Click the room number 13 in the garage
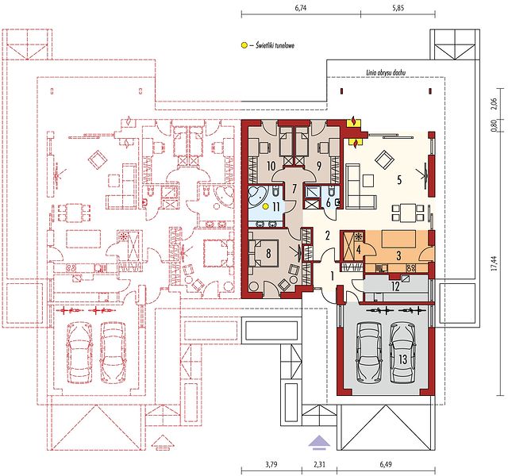[402, 359]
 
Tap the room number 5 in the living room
[399, 180]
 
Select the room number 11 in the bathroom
[275, 207]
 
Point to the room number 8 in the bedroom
[268, 253]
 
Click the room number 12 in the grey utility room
[395, 286]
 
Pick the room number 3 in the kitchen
[398, 255]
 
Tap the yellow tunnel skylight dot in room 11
[266, 206]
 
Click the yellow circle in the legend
[244, 46]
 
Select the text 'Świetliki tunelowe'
[275, 46]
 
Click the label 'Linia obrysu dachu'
[386, 73]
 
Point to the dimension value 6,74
[300, 8]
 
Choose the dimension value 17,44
[494, 263]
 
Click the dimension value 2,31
[319, 465]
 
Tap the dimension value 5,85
[398, 8]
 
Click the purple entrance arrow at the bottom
[319, 442]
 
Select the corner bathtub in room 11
[258, 196]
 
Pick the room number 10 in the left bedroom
[271, 166]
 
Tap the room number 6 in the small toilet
[328, 203]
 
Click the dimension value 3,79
[271, 465]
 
